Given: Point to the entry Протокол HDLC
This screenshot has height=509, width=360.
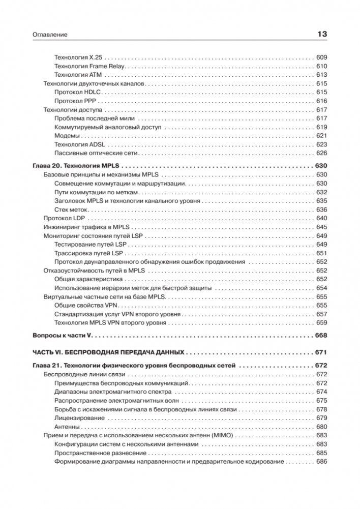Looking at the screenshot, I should (x=75, y=92).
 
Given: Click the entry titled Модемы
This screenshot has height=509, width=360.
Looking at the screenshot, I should (x=66, y=136).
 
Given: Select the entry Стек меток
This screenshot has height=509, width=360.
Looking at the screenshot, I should (x=71, y=209).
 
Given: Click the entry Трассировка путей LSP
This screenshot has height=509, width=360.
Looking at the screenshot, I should (x=88, y=253).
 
